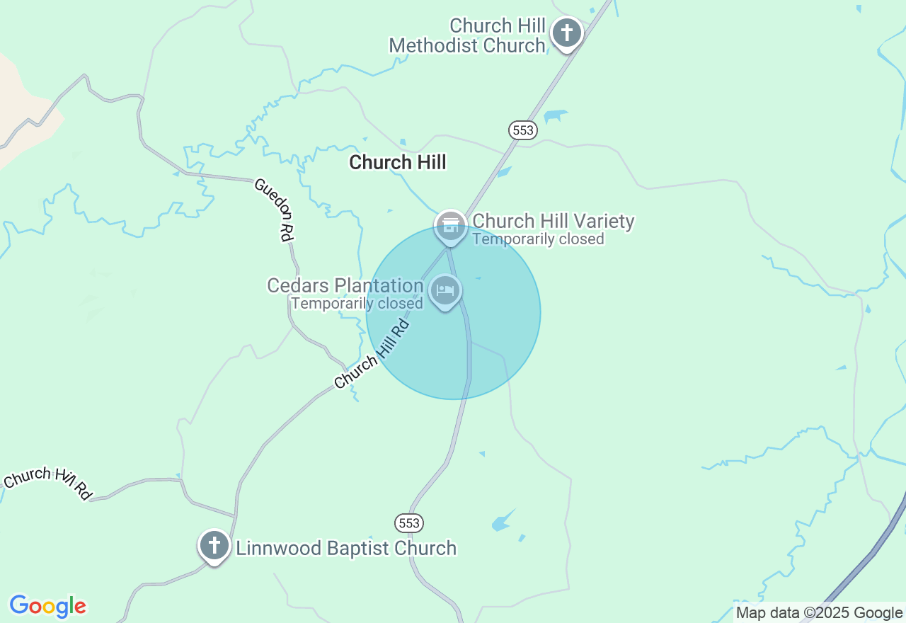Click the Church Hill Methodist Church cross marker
pos(566,33)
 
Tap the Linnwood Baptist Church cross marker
pos(214,546)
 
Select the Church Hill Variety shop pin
pos(450,227)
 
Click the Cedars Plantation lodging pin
pos(445,290)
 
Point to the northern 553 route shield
pos(522,130)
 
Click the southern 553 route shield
pos(409,523)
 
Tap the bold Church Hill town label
pos(398,162)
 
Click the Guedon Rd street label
pos(273,210)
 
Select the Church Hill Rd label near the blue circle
pos(372,354)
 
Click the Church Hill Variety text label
pos(554,222)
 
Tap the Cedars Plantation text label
pos(345,285)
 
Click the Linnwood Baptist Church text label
pos(346,548)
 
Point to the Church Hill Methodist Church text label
pos(467,36)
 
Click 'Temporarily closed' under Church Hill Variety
pos(538,239)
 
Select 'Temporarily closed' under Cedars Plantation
pos(357,303)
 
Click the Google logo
pos(48,606)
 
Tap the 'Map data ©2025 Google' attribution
pos(819,613)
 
